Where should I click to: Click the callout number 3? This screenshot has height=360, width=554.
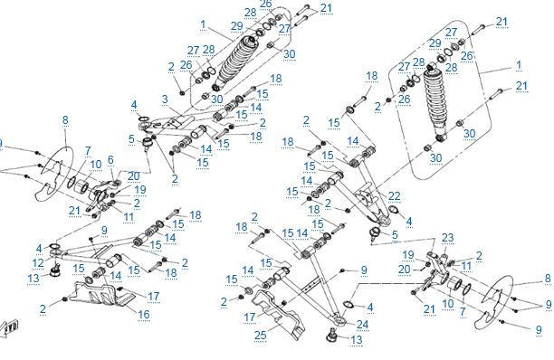pos(165,99)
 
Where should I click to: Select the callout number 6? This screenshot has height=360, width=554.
pos(110,160)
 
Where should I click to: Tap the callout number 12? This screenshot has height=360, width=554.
pos(38,263)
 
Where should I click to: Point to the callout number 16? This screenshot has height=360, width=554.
pos(144,315)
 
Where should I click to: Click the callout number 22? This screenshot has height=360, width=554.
pos(395,196)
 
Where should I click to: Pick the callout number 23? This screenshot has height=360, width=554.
pos(447,238)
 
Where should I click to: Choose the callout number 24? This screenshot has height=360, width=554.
pos(362,325)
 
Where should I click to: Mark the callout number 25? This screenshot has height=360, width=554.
pos(261,336)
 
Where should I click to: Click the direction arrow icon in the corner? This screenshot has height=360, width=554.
pos(9,328)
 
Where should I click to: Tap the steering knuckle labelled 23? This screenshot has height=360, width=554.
pos(435,270)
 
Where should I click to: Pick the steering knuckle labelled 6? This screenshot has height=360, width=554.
pos(103,194)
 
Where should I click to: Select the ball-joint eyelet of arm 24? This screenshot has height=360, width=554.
pos(339,321)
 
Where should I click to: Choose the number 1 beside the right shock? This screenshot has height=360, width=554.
pos(519,65)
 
